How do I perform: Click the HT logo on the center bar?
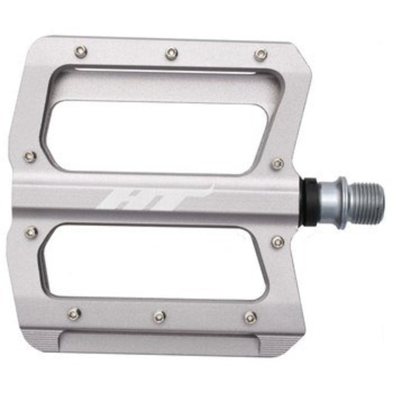(155, 197)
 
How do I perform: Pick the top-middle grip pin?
(172, 53)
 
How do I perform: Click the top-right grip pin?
(261, 54)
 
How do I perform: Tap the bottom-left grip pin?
(75, 314)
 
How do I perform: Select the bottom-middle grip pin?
(160, 316)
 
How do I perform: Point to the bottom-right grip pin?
(251, 318)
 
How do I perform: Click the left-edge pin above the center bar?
(30, 157)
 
